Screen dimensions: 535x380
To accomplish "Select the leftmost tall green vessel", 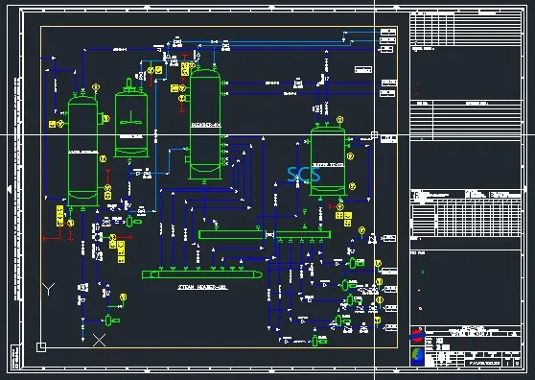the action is coord(82,144).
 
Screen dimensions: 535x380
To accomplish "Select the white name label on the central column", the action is coord(205,126).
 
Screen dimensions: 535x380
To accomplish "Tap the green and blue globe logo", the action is coord(417,355).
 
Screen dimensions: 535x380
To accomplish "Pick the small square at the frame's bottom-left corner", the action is coord(40,345).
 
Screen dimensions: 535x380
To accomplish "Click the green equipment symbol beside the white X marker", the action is coord(109,320).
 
